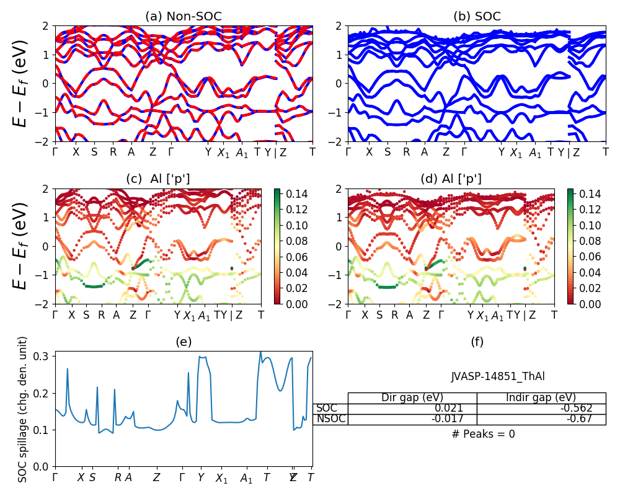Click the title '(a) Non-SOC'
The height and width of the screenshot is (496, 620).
tap(184, 17)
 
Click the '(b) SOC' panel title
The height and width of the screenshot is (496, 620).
tap(477, 17)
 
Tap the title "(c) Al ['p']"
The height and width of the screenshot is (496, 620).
tap(158, 179)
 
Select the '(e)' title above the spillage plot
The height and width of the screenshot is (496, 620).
tap(184, 342)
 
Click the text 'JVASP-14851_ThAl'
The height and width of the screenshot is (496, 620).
tap(498, 376)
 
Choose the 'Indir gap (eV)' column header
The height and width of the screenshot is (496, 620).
tap(541, 398)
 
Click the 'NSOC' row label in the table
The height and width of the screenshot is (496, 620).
tap(330, 419)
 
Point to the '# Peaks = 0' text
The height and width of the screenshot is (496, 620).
tap(484, 434)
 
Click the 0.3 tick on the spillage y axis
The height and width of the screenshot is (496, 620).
tap(44, 356)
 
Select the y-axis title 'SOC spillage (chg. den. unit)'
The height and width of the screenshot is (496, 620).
tap(23, 409)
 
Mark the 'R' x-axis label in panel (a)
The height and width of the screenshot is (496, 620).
tap(113, 153)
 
